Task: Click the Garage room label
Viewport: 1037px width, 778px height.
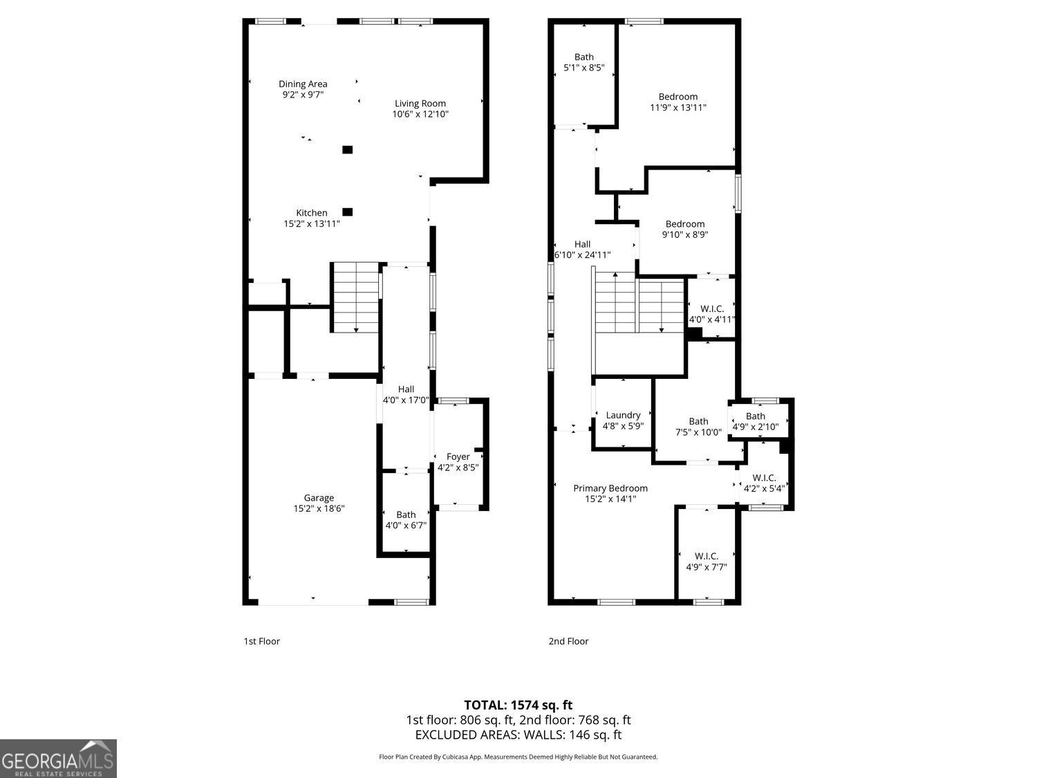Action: point(319,498)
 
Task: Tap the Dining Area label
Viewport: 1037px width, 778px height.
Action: point(303,84)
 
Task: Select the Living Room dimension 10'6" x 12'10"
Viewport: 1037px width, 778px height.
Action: point(420,114)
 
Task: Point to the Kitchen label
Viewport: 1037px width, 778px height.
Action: point(312,213)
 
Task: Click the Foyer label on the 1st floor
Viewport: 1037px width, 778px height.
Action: point(458,456)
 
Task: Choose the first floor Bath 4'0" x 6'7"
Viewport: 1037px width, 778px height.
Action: point(406,519)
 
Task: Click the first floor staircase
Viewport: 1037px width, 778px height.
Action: point(355,297)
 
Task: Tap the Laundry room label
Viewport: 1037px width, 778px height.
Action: point(623,416)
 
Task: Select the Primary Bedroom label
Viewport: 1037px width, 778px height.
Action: point(610,488)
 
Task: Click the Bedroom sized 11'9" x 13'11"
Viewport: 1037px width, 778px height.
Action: point(678,102)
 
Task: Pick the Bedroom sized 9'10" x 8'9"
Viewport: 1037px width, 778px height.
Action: point(685,229)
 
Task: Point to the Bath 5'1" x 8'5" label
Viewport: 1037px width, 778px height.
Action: point(584,62)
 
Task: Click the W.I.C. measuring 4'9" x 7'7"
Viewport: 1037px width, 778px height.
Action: point(707,562)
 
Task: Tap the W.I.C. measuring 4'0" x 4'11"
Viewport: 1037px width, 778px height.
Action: point(712,314)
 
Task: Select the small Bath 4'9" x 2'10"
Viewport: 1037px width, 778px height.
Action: point(756,421)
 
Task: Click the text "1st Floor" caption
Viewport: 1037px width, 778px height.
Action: point(261,641)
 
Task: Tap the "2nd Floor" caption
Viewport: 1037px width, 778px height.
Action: point(568,641)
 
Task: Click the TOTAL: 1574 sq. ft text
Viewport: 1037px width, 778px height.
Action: point(518,705)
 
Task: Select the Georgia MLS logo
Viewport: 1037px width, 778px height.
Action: point(58,759)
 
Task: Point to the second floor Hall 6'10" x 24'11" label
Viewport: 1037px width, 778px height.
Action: point(583,249)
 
